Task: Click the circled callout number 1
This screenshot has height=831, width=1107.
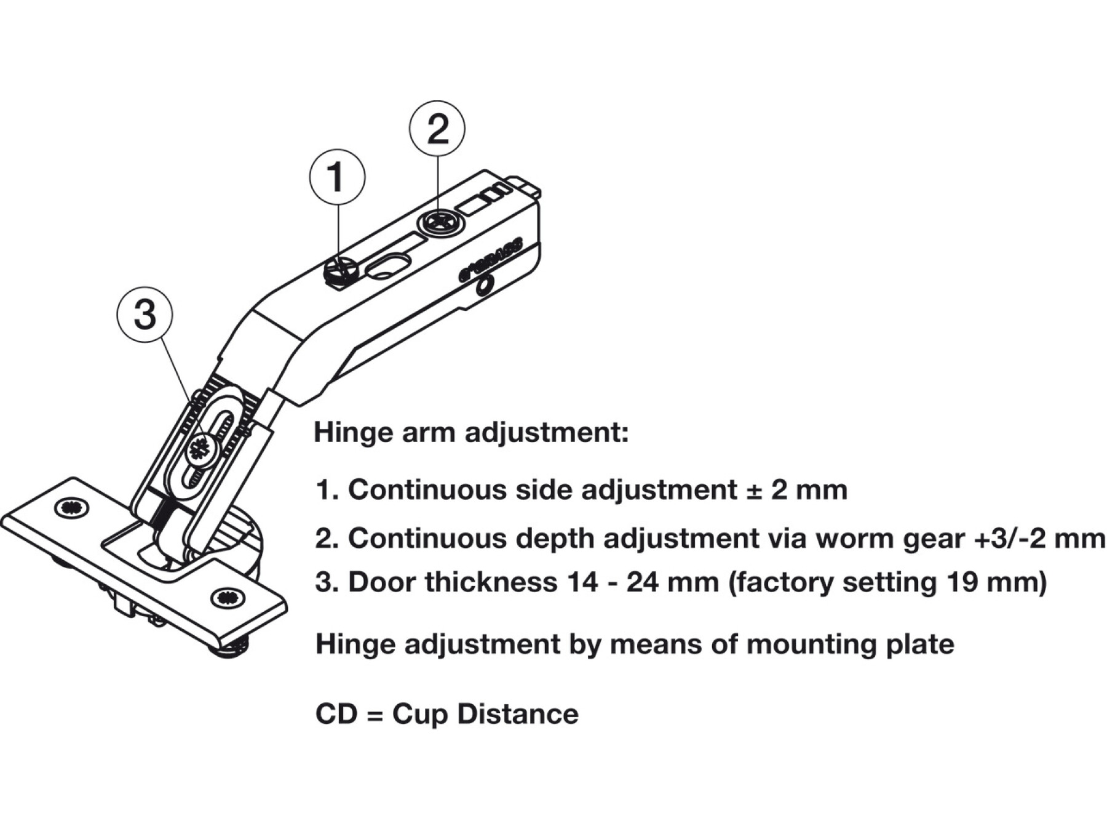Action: (336, 177)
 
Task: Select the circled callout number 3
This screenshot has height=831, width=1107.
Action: (145, 315)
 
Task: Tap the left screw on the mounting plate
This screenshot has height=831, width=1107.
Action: (71, 508)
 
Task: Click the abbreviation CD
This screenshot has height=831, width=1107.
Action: (336, 715)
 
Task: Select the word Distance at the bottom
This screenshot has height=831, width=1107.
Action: (518, 715)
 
